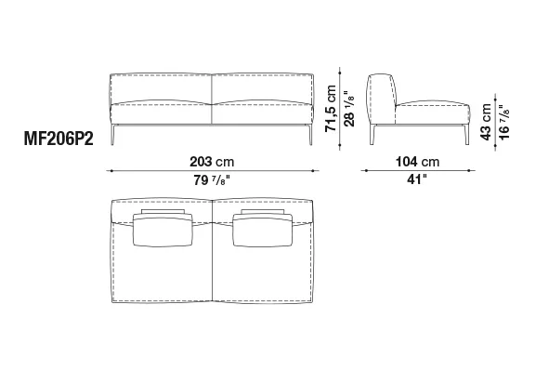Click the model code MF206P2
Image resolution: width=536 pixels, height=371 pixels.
click(59, 139)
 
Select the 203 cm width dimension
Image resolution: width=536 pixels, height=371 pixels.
click(212, 162)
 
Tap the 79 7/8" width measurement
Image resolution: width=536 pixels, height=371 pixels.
click(212, 179)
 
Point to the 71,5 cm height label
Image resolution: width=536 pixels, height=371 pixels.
click(331, 109)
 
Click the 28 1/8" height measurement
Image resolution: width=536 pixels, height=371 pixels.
click(349, 109)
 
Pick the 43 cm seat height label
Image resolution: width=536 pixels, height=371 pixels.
click(486, 122)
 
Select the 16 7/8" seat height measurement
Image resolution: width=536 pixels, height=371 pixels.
click(503, 122)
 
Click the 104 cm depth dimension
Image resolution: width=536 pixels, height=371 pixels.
click(417, 162)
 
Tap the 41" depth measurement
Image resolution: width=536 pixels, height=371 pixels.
click(417, 179)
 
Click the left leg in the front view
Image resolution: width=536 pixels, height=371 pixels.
click(112, 135)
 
